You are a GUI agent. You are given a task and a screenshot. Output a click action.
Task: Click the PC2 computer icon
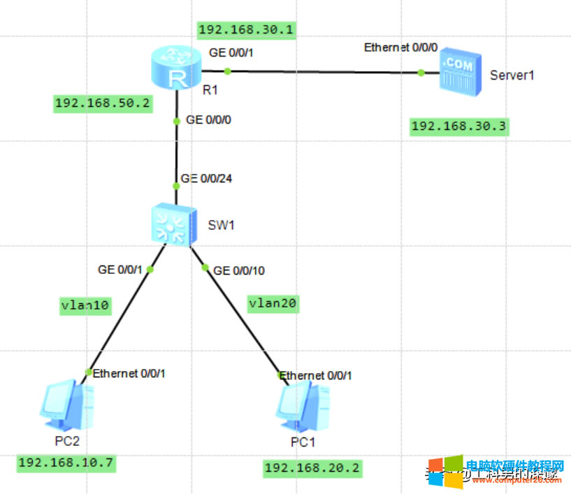(67, 406)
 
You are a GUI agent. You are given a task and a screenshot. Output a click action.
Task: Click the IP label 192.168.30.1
(246, 29)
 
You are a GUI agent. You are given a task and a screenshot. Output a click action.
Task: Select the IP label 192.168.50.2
(102, 103)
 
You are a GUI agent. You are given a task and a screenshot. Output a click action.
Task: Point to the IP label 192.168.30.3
(458, 126)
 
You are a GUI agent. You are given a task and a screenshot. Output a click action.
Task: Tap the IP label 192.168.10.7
(66, 463)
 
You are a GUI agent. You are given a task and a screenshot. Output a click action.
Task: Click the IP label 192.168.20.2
(312, 468)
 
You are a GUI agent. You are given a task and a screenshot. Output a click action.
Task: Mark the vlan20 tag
(273, 303)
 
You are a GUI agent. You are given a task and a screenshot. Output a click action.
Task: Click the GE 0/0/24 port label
(206, 178)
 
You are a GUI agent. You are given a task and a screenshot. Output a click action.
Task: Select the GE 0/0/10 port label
(239, 270)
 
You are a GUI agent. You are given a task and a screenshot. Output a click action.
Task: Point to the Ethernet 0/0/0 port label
(400, 48)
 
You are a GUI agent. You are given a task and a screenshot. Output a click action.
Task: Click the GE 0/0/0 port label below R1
(208, 120)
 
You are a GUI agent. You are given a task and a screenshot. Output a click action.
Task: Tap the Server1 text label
(512, 75)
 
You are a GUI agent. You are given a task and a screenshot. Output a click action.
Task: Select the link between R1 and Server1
(321, 71)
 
